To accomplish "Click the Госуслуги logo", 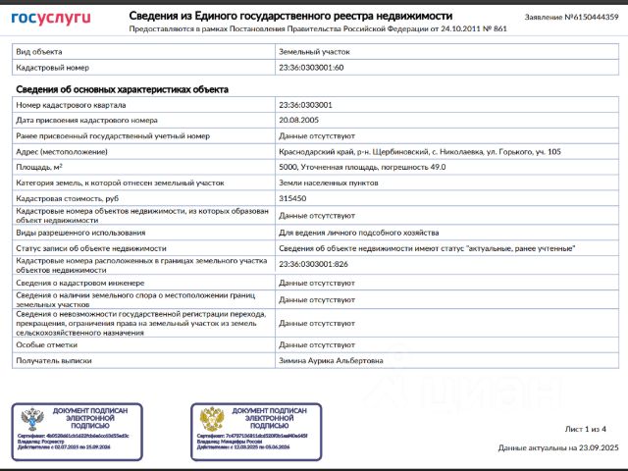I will tap(51, 18).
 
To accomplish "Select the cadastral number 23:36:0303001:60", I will tap(311, 67).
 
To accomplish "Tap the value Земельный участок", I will tap(314, 51).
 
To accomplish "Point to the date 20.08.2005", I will tap(298, 120).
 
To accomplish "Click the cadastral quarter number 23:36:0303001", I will tap(305, 104).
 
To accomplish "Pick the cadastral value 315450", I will tap(293, 198).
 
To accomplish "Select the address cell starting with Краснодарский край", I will tap(420, 151).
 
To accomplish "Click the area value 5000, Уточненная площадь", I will tap(362, 167).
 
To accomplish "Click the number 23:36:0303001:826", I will tap(313, 265).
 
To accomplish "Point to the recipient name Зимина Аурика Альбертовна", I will tap(332, 360).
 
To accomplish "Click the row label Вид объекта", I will tap(39, 51).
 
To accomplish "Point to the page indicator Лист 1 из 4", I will tap(586, 429).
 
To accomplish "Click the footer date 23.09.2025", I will tap(597, 447).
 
